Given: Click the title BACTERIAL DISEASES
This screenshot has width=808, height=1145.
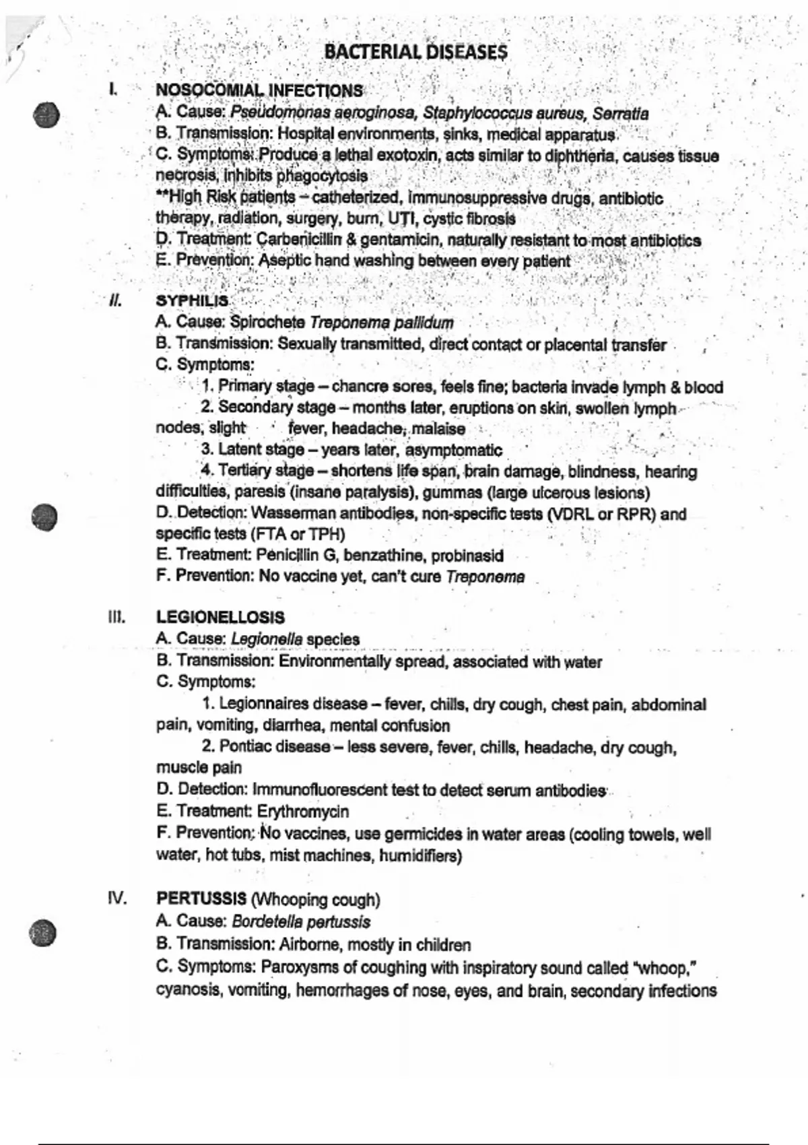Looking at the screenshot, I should [x=415, y=53].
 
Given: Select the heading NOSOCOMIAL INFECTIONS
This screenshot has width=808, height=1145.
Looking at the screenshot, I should [x=259, y=91].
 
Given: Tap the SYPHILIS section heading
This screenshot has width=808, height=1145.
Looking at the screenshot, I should [x=192, y=301].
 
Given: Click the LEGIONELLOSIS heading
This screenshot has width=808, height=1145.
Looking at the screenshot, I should [x=220, y=618].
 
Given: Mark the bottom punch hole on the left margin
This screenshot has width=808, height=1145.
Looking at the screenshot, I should [x=44, y=933].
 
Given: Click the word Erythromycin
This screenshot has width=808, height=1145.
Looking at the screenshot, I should [x=303, y=812].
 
